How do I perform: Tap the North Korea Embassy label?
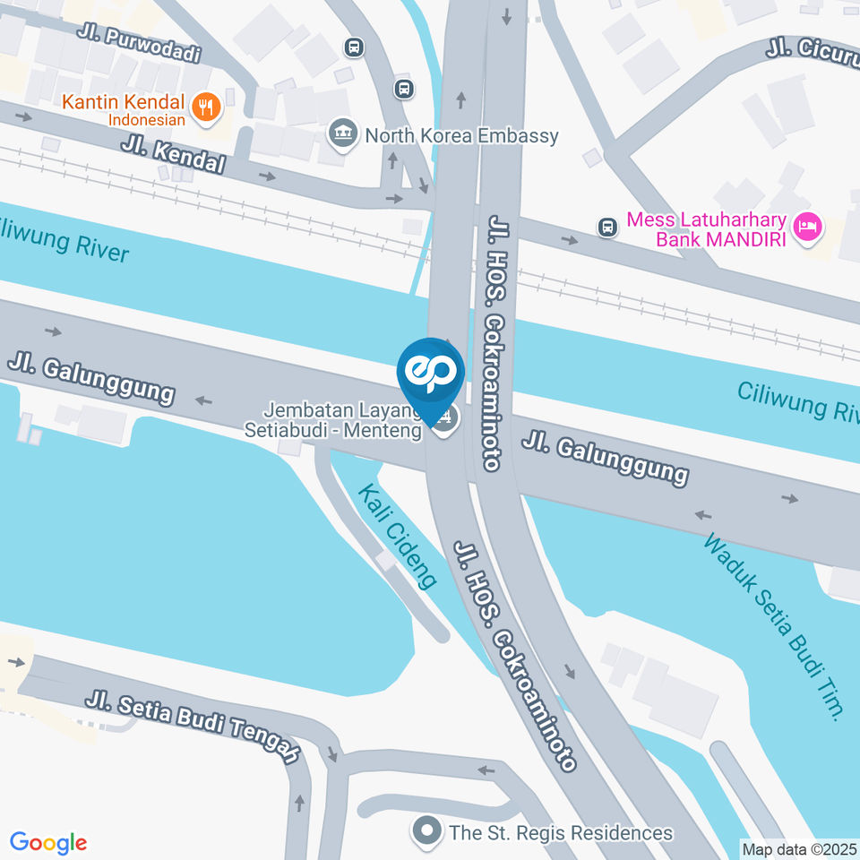click(x=461, y=136)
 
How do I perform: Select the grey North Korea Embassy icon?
click(x=341, y=135)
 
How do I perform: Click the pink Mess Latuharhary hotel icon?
click(x=809, y=228)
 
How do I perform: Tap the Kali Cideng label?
click(x=399, y=537)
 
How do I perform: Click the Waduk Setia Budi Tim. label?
click(x=774, y=627)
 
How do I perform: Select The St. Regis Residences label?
click(x=561, y=833)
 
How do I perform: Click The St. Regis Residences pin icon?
click(x=428, y=832)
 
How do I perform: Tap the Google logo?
click(x=48, y=843)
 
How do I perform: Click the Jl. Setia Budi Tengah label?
click(x=193, y=727)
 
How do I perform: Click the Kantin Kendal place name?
click(x=124, y=101)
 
